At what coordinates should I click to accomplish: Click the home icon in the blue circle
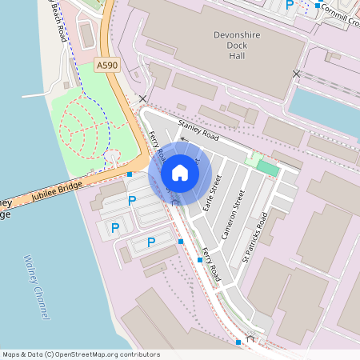pos(179,173)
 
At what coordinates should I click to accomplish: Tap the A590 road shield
pos(106,63)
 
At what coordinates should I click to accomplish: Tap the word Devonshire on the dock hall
pos(238,35)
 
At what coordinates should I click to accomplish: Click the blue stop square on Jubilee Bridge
pos(129,174)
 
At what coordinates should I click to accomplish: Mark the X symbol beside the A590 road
pos(143,99)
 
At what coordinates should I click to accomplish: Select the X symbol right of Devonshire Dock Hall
pos(297,74)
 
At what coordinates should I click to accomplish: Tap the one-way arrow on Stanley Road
pos(183,138)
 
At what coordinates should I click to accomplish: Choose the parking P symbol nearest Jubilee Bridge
pos(132,201)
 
